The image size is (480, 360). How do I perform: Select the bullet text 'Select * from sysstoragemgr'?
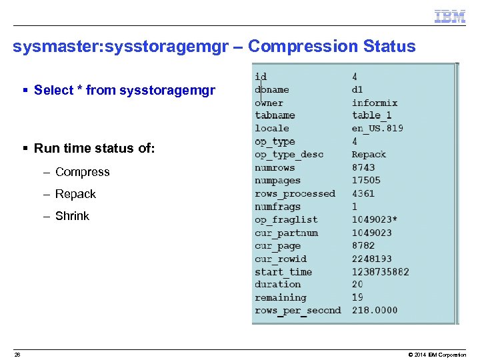[x=124, y=90]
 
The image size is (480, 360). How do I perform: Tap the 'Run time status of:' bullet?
[x=94, y=148]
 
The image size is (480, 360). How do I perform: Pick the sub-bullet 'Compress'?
[x=82, y=172]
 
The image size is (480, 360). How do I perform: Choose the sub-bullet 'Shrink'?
[x=72, y=216]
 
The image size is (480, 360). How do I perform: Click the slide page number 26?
[x=17, y=355]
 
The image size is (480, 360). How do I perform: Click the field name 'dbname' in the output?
[x=271, y=90]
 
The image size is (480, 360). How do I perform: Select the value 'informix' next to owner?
[x=374, y=103]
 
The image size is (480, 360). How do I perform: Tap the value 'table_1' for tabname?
[x=371, y=115]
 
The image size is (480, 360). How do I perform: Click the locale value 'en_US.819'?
[x=377, y=128]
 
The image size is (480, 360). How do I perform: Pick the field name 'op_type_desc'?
[x=289, y=155]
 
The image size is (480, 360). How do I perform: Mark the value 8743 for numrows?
[x=363, y=167]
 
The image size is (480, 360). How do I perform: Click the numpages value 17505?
[x=366, y=180]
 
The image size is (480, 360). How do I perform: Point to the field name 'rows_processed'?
[x=295, y=193]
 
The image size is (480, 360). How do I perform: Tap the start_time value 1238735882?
[x=380, y=271]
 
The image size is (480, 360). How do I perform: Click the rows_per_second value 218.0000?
[x=374, y=310]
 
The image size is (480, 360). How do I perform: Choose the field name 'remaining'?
[x=280, y=297]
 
